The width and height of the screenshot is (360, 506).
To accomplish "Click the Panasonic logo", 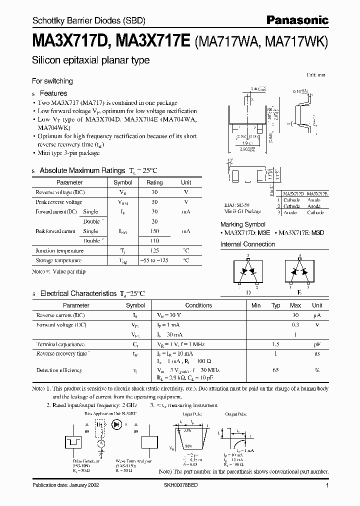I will [297, 20].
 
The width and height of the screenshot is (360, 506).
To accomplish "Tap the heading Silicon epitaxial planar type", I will [90, 60].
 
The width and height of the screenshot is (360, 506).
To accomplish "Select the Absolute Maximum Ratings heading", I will [82, 170].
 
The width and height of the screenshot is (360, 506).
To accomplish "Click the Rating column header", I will [154, 183].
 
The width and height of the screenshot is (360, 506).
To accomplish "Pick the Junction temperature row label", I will [59, 250].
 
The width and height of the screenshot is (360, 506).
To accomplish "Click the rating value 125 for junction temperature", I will [154, 250].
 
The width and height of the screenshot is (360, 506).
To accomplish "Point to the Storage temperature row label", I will [58, 260].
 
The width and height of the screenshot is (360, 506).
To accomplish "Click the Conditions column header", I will [198, 305].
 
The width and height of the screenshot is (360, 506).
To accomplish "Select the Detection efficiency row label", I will [59, 370].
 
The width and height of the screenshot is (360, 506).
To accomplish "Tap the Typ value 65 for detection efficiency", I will [275, 370].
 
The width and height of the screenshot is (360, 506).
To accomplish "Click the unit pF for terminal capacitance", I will [317, 344].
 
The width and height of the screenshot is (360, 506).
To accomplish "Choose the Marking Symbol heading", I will [243, 225].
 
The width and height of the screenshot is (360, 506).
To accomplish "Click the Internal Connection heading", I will [248, 244].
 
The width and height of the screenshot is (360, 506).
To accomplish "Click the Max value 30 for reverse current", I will [295, 315].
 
